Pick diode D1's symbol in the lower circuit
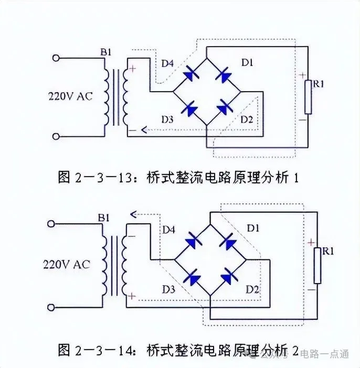pos(227,241)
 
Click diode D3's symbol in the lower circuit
pos(193,275)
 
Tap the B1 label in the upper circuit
pos(107,52)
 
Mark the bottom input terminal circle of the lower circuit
pos(51,307)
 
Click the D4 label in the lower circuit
pos(168,230)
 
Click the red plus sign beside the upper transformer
pos(132,68)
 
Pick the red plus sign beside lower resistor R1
pos(311,243)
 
